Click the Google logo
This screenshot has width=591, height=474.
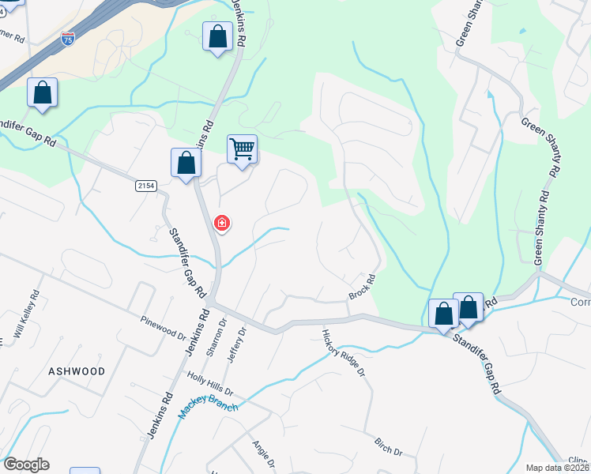(26, 465)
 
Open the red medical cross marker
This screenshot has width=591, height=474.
(223, 224)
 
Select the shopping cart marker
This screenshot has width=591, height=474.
(242, 149)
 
